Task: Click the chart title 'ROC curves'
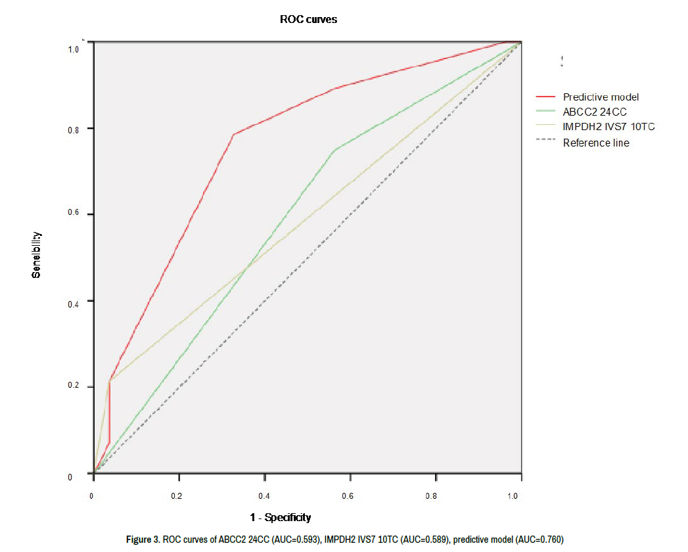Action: point(308,19)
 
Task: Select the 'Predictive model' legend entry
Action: point(600,97)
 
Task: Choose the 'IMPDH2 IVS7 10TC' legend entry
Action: point(608,127)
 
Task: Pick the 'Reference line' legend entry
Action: point(595,143)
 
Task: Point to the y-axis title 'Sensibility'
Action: point(37,254)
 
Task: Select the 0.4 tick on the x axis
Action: point(264,496)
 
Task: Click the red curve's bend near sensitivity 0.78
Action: point(233,135)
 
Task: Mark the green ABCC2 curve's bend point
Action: point(335,150)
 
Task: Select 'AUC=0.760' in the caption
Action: point(538,540)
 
